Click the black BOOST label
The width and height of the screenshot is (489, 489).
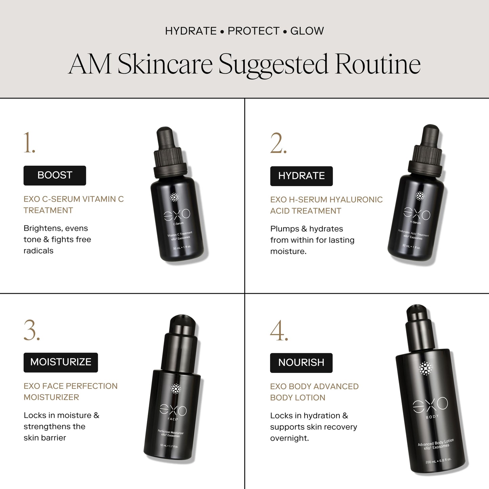pyautogui.click(x=54, y=175)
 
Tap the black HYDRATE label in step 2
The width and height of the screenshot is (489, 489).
pyautogui.click(x=301, y=176)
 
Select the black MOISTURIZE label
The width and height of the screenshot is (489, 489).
pyautogui.click(x=61, y=362)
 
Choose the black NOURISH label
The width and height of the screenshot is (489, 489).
pyautogui.click(x=301, y=363)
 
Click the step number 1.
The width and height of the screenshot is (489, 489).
pyautogui.click(x=29, y=143)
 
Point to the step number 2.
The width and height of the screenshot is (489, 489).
pyautogui.click(x=278, y=144)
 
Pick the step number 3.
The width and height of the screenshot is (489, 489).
pyautogui.click(x=31, y=330)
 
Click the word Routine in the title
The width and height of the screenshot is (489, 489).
pyautogui.click(x=378, y=64)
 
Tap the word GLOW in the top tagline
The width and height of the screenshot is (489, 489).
pyautogui.click(x=307, y=31)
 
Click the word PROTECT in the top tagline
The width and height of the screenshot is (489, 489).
pyautogui.click(x=253, y=31)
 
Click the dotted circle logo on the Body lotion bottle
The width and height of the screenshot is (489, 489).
pyautogui.click(x=425, y=369)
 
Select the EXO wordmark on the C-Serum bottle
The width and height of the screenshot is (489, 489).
pyautogui.click(x=177, y=214)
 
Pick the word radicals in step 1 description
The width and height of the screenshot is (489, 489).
pyautogui.click(x=39, y=251)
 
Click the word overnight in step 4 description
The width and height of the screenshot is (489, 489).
pyautogui.click(x=289, y=438)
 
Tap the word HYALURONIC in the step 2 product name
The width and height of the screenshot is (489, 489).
pyautogui.click(x=356, y=200)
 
